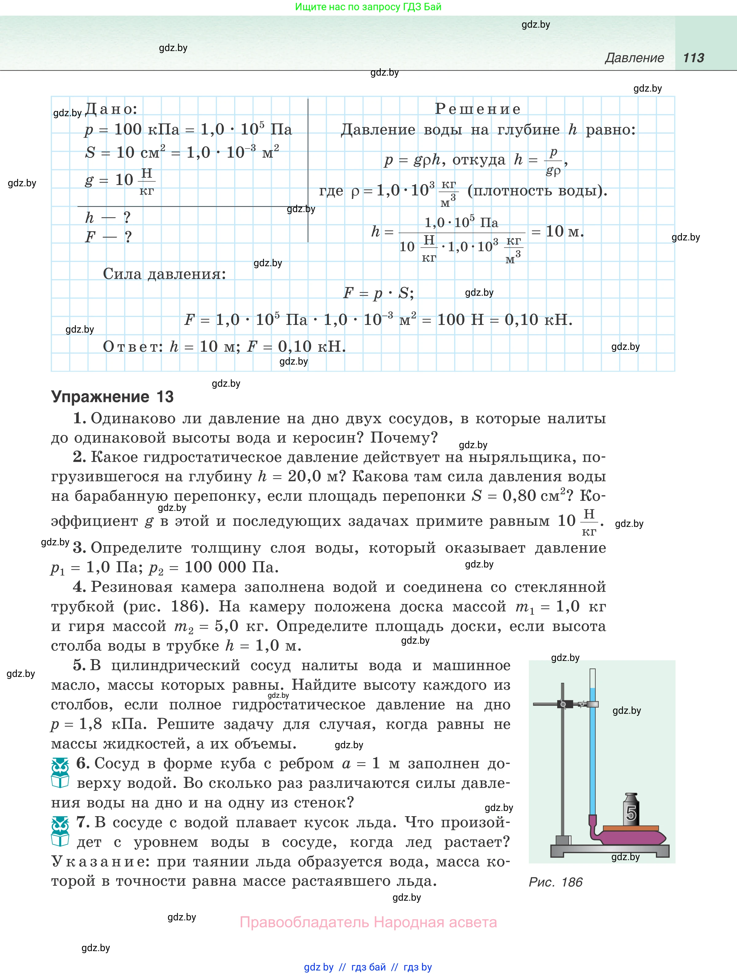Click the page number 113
coord(693,58)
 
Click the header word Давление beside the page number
coord(634,58)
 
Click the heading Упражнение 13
coord(112,397)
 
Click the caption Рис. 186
coord(556,882)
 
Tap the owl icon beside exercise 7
coord(60,831)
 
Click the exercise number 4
coord(79,587)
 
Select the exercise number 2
coord(79,457)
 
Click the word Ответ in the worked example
coord(133,347)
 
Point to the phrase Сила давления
coord(164,274)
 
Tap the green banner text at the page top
coord(368,7)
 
